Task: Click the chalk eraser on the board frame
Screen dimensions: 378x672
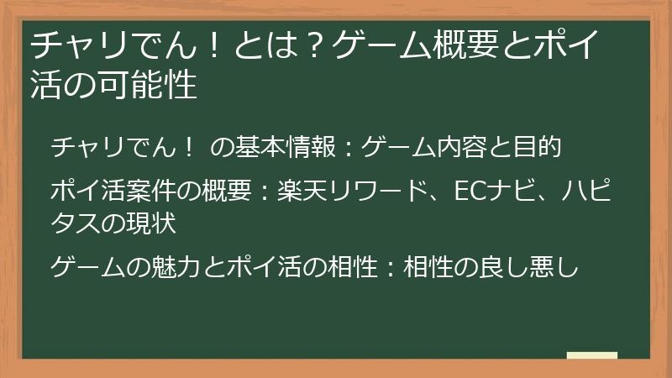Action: [591, 356]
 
